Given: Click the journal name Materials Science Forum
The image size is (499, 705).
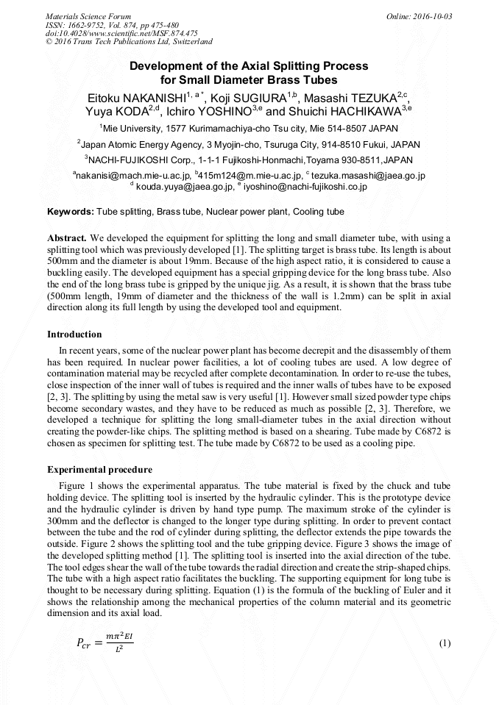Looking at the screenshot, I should pos(88,16).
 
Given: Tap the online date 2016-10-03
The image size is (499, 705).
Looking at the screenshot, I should pos(430,16).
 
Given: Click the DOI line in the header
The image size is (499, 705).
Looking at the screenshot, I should pos(121,33).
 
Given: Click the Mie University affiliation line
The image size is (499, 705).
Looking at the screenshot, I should pos(249,128).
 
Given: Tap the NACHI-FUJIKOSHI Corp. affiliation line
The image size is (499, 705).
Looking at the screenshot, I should pos(249,160).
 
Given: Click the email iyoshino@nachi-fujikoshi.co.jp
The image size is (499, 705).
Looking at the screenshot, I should pos(305,187).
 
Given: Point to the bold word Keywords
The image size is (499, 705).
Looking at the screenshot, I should pos(71,212).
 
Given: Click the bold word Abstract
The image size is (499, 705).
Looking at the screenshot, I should pos(68,239).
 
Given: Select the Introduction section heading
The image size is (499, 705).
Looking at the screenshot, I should pos(74,334).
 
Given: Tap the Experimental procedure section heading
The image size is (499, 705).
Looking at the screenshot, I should pos(99,470).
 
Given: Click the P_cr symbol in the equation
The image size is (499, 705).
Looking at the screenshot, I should pos(86,643).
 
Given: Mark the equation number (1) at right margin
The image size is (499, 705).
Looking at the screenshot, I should pos(445,644).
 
